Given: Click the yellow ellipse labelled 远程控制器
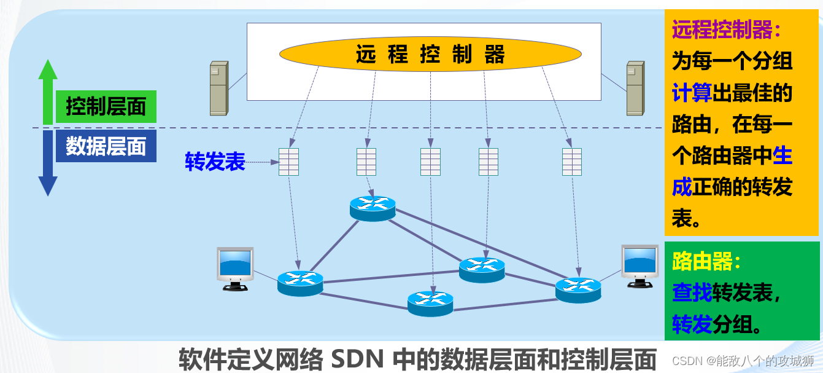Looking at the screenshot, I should click(430, 54).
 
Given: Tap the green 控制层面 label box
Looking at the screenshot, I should click(106, 107).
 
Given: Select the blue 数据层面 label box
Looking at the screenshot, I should click(106, 147).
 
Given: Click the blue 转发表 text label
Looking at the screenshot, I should click(215, 162).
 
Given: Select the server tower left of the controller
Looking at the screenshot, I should click(218, 88).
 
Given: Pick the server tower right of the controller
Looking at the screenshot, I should click(635, 88).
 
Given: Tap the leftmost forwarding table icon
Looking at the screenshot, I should click(288, 162).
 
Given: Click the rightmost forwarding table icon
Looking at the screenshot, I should click(572, 162).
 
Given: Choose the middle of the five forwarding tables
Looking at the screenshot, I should click(430, 162).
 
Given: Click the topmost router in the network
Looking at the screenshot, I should click(373, 208).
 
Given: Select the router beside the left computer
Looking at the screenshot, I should click(300, 282).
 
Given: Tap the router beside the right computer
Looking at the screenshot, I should click(578, 289).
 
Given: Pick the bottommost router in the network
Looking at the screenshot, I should click(430, 302).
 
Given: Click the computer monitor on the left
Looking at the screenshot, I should click(235, 268).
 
